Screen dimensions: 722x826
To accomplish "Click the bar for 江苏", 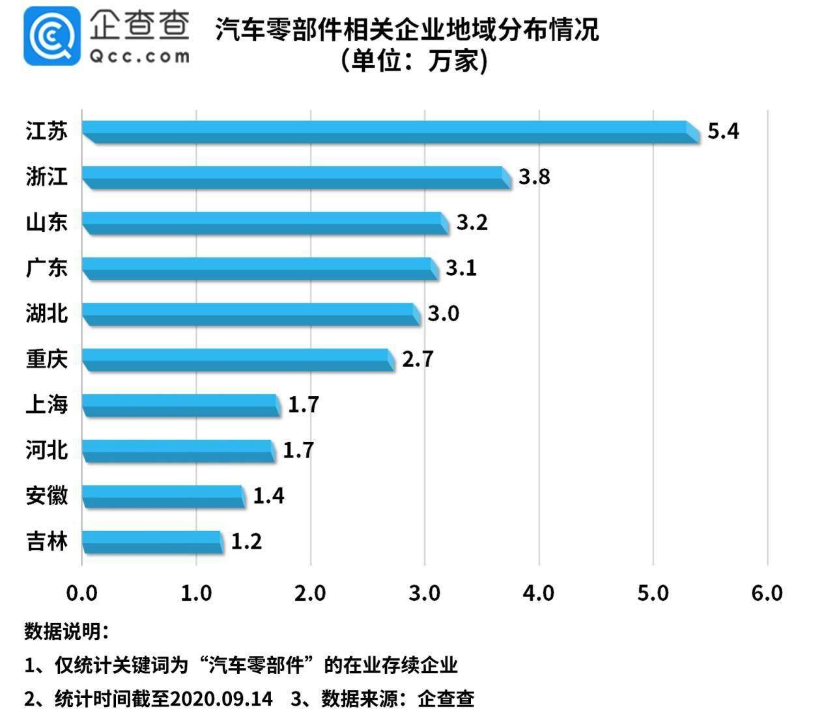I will click(391, 132).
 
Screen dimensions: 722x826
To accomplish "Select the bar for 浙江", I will click(296, 177).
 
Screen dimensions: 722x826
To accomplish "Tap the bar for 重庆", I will click(238, 360).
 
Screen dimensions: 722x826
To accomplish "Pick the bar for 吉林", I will click(152, 542).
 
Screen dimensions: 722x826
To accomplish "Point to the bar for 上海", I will click(181, 405).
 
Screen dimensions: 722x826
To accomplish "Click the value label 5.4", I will click(723, 132).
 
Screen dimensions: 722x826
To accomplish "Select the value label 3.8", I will click(534, 177).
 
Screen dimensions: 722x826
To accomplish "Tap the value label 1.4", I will click(268, 496).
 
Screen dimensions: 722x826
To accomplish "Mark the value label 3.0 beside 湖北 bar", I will click(443, 313).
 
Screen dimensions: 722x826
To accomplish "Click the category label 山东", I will click(47, 222).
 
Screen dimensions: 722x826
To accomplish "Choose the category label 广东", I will click(47, 268).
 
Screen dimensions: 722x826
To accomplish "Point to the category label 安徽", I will click(47, 496).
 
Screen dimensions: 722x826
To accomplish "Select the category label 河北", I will click(47, 450).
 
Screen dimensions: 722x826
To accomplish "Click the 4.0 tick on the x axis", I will click(539, 593).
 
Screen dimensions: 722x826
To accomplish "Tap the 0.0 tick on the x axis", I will click(82, 593).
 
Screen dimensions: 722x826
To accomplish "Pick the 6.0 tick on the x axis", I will click(767, 593).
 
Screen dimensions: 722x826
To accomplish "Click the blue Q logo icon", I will click(52, 36).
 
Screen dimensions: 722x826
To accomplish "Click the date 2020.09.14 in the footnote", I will click(221, 699).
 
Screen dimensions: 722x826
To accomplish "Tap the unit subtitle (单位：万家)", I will click(413, 61).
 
